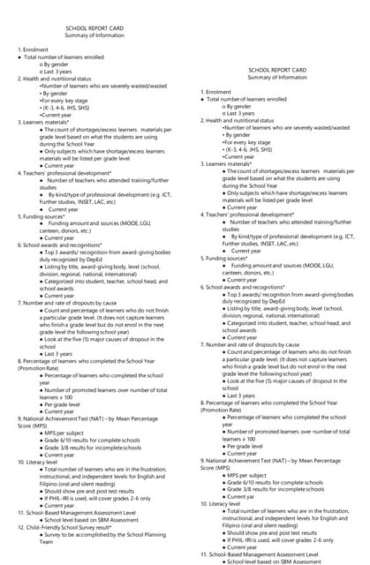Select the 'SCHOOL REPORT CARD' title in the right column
(277, 70)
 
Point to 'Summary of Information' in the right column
(277, 78)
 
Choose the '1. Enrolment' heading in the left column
(34, 50)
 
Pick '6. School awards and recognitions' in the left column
(65, 243)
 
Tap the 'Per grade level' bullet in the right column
(245, 446)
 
